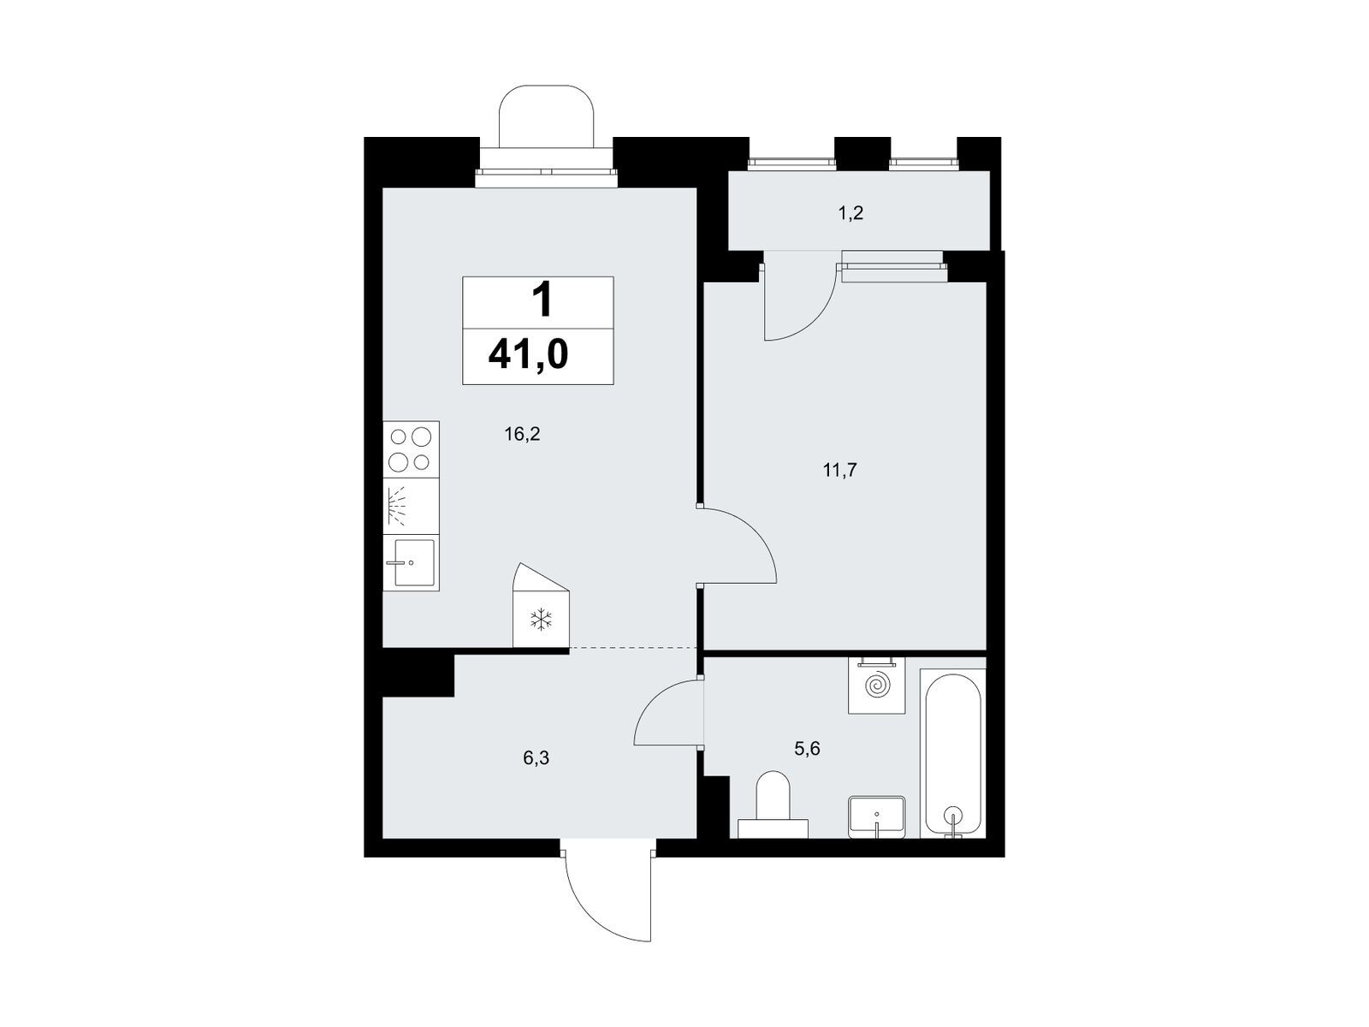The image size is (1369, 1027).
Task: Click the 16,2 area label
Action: [x=522, y=434]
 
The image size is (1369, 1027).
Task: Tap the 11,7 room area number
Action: [x=839, y=470]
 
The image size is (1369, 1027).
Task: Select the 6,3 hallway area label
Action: [x=536, y=758]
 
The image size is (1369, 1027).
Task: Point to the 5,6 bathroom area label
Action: [x=807, y=749]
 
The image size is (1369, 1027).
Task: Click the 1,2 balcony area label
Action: [x=850, y=214]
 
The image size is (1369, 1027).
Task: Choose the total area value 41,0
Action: [x=528, y=356]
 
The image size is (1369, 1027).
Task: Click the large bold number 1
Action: [x=542, y=300]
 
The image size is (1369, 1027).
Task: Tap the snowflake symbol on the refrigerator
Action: [x=542, y=619]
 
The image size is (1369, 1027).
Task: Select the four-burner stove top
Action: [x=411, y=449]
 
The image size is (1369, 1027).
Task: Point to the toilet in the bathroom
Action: [x=773, y=804]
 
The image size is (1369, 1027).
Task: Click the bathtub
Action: [x=952, y=754]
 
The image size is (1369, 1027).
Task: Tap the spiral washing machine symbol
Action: [x=876, y=686]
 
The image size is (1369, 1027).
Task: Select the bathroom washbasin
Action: [x=876, y=816]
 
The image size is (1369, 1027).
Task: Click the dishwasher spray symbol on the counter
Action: [x=395, y=506]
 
